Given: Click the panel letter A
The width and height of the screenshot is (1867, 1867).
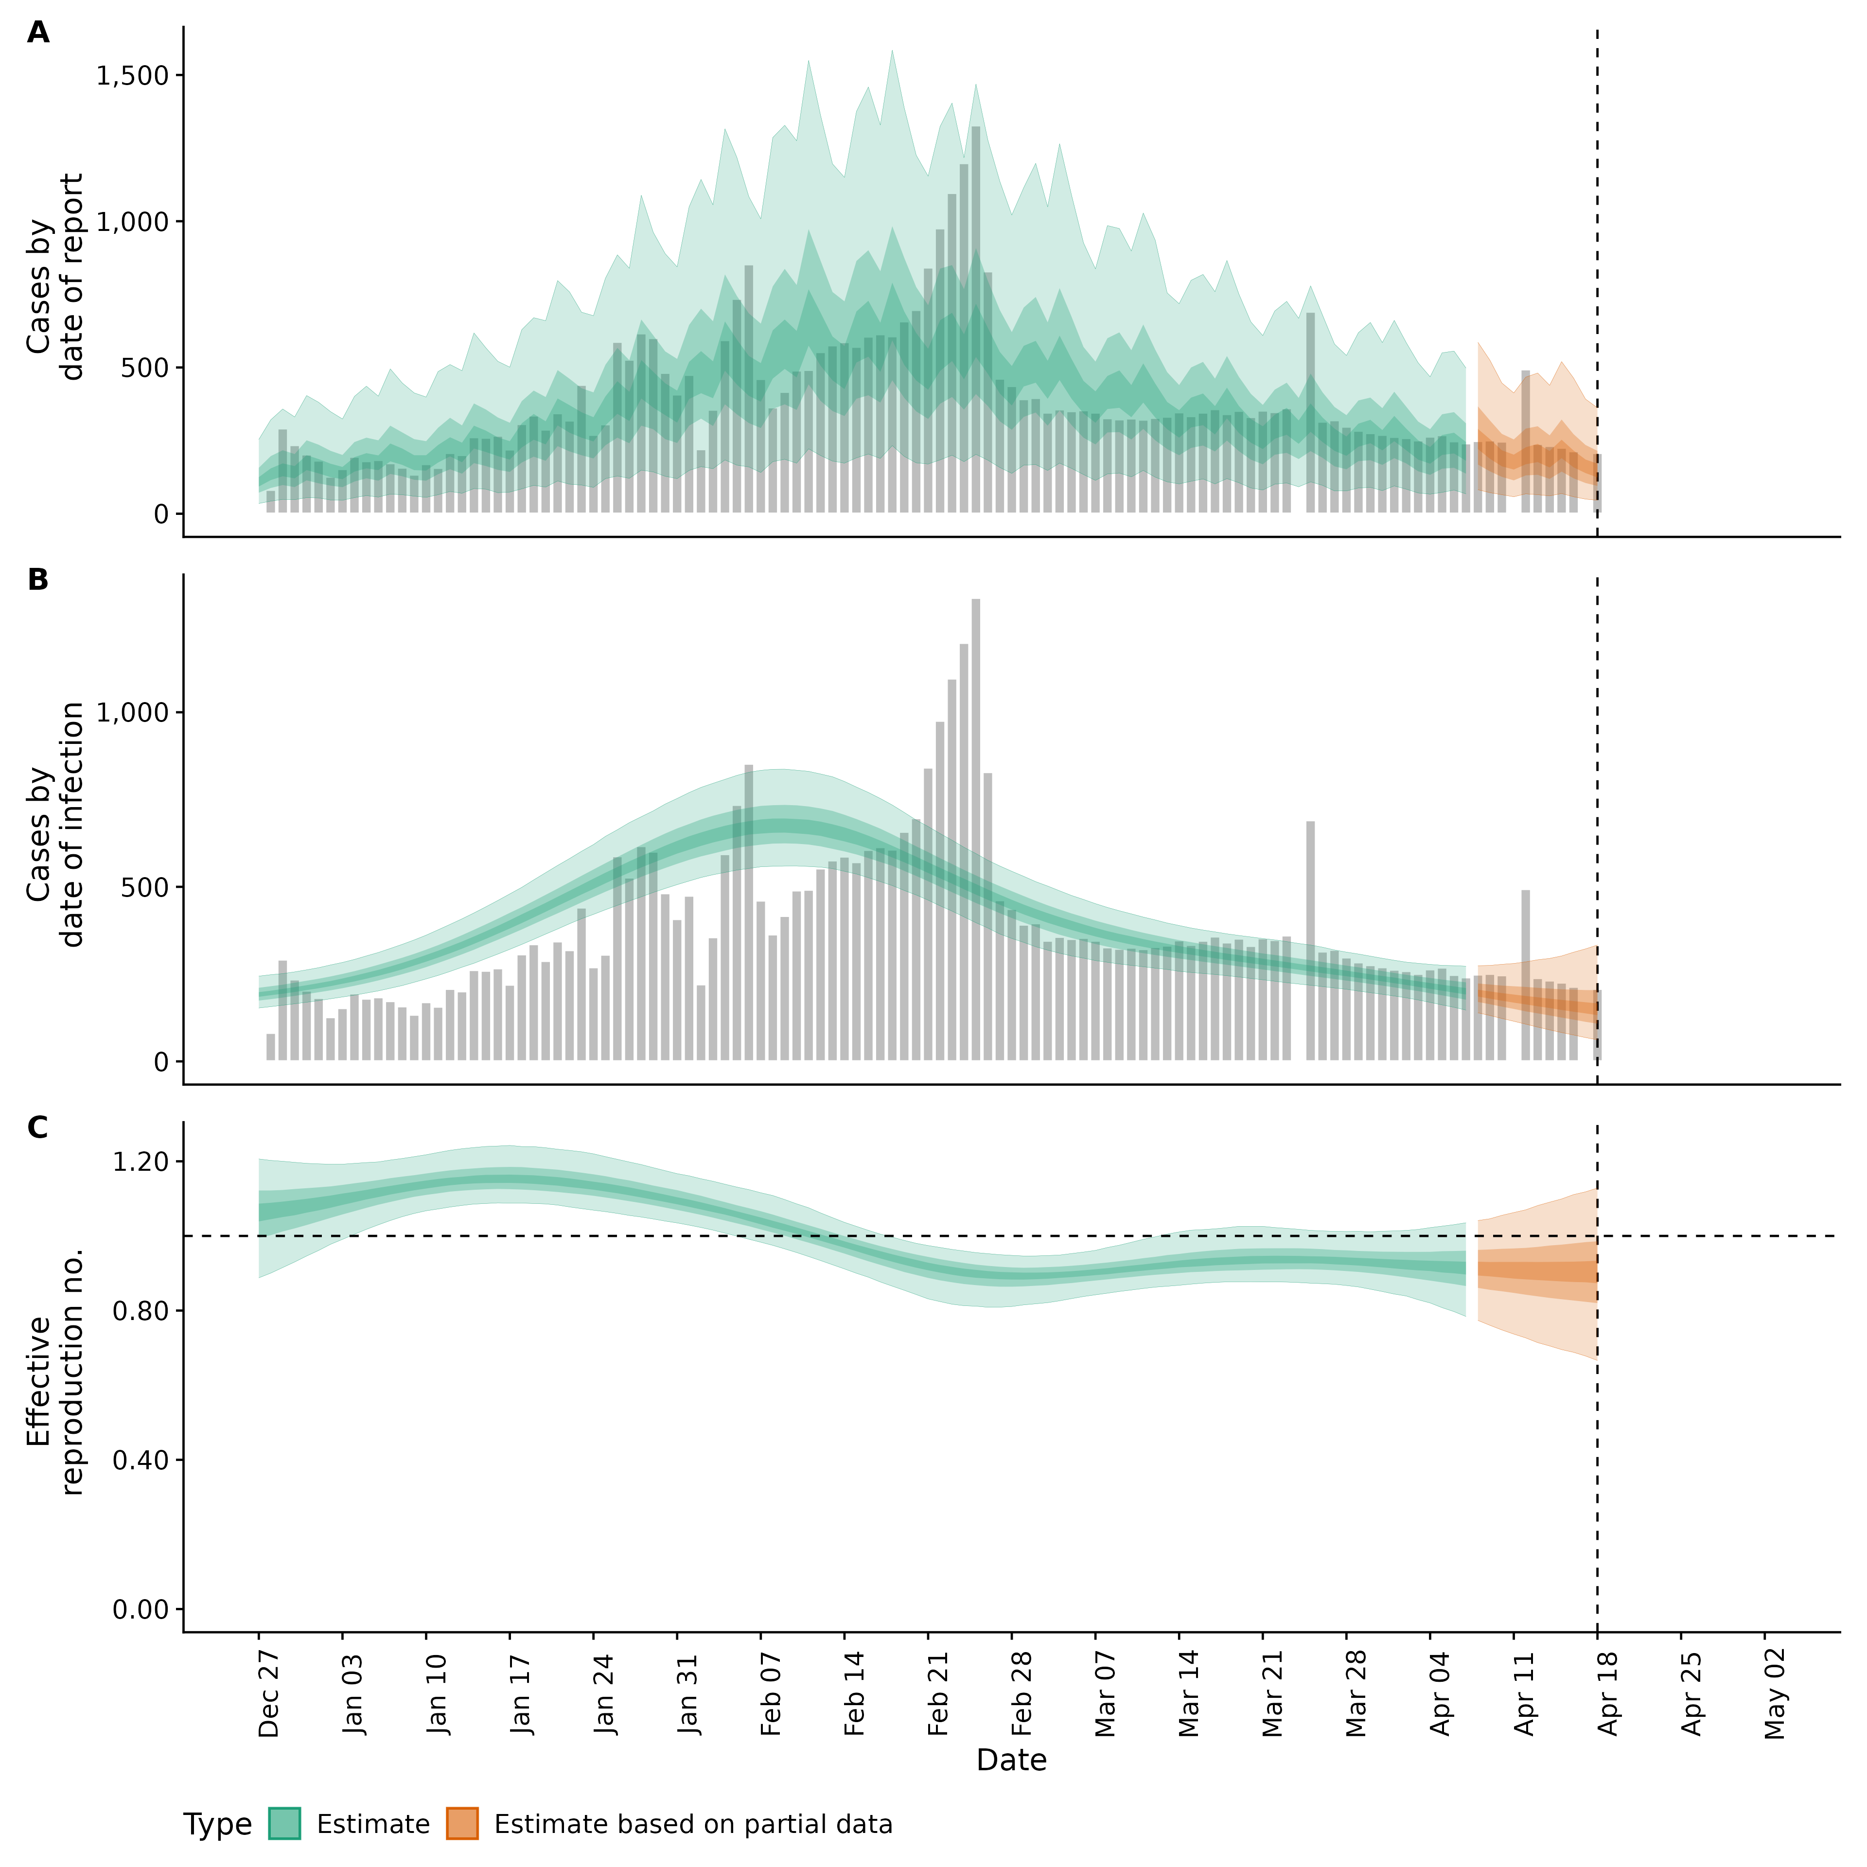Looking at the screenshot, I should (x=38, y=33).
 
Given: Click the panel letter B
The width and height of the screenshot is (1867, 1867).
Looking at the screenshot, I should (x=38, y=580).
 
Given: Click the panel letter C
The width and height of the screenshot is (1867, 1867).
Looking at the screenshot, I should (x=38, y=1128).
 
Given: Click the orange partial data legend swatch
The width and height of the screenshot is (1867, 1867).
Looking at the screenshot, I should (x=462, y=1824).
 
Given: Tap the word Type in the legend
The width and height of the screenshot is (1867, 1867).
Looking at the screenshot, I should (x=217, y=1825).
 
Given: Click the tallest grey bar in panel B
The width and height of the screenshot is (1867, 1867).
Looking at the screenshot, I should (x=976, y=831).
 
